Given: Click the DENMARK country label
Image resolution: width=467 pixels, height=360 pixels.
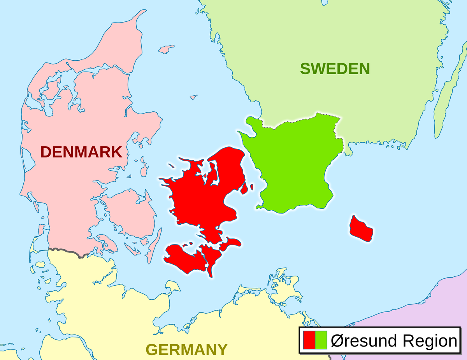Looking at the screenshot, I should coord(81,152).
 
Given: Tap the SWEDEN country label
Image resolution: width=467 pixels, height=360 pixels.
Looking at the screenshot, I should coord(335,69).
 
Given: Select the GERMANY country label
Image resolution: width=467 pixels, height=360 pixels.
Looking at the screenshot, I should coord(186,350).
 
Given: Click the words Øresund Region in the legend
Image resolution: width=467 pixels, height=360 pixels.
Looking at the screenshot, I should coord(393,341).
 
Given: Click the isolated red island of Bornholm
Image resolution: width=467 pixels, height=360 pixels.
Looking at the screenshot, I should coord(361,229).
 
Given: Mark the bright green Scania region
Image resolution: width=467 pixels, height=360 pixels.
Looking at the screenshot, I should coord(296,163).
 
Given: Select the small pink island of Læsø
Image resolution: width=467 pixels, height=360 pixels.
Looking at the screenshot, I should coord(167,49).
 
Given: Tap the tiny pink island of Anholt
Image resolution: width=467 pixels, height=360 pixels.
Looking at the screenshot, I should coord(193,97).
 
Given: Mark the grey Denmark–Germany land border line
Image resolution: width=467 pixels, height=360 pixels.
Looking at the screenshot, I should coord(66,251).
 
